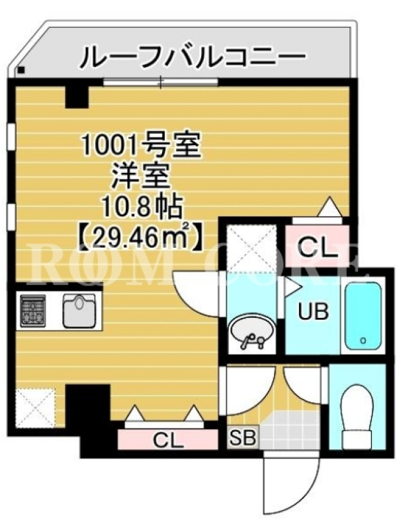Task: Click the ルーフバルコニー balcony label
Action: pyautogui.click(x=193, y=56)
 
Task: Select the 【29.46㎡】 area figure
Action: pyautogui.click(x=141, y=237)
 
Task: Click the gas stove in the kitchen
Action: pyautogui.click(x=32, y=311)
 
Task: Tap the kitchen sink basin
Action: pyautogui.click(x=79, y=311)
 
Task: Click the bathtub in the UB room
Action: pyautogui.click(x=363, y=316)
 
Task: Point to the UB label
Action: pyautogui.click(x=312, y=311)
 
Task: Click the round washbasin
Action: pyautogui.click(x=251, y=333)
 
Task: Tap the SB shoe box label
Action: pyautogui.click(x=243, y=438)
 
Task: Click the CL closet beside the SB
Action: pyautogui.click(x=168, y=440)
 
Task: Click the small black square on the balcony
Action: pyautogui.click(x=21, y=70)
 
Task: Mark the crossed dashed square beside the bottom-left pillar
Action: pyautogui.click(x=35, y=408)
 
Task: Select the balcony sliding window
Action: pyautogui.click(x=161, y=81)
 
